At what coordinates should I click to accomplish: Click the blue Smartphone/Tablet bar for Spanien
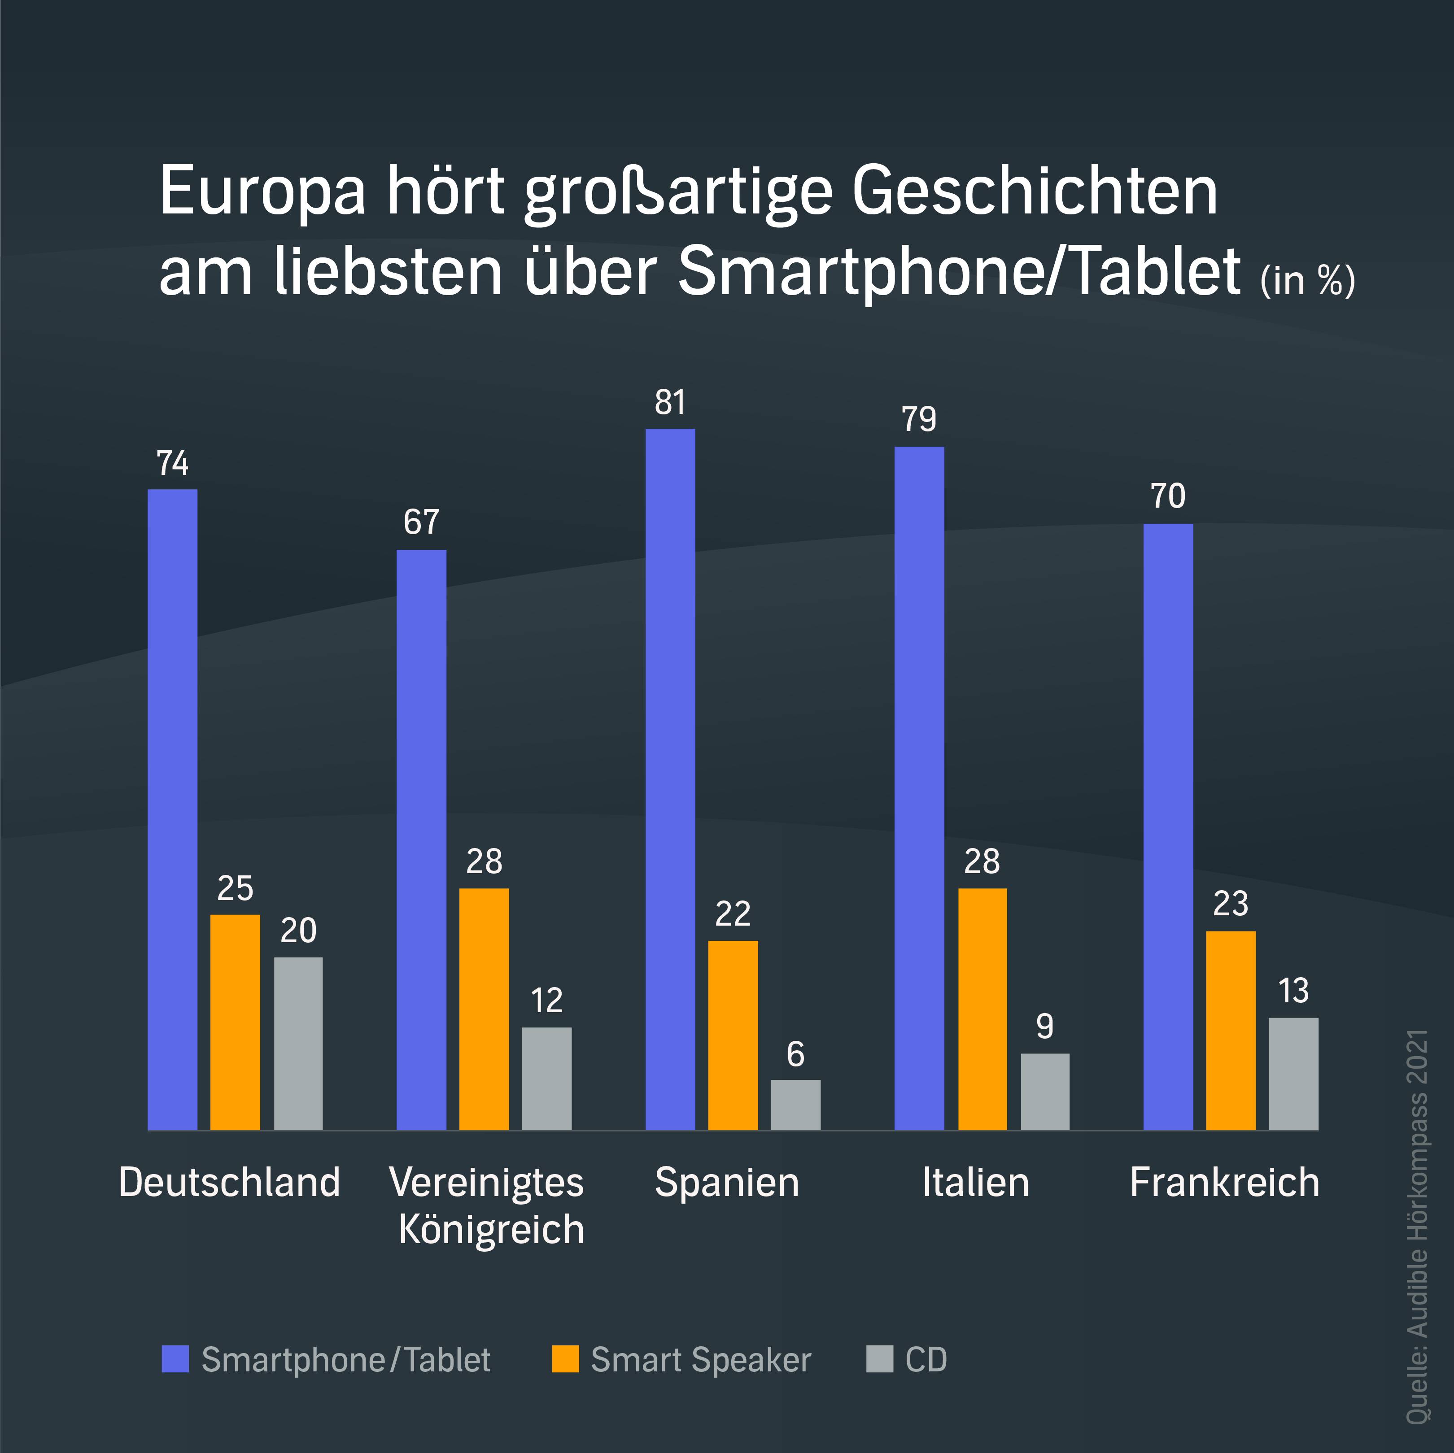tap(670, 779)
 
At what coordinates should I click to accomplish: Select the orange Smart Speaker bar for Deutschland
tap(235, 1022)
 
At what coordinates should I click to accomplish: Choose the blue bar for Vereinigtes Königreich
tap(421, 839)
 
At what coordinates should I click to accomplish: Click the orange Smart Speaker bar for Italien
tap(982, 1008)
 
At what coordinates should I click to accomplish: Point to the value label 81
tap(670, 403)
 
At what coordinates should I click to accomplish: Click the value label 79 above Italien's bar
tap(919, 419)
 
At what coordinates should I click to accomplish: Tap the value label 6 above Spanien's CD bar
tap(795, 1054)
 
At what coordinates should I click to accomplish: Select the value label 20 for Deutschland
tap(298, 931)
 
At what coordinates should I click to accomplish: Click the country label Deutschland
tap(230, 1182)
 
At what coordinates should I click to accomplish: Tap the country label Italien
tap(975, 1182)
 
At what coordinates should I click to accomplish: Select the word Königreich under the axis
tap(491, 1230)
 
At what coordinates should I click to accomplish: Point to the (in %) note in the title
tap(1307, 280)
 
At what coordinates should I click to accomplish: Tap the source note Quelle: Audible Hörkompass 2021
tap(1418, 1227)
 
